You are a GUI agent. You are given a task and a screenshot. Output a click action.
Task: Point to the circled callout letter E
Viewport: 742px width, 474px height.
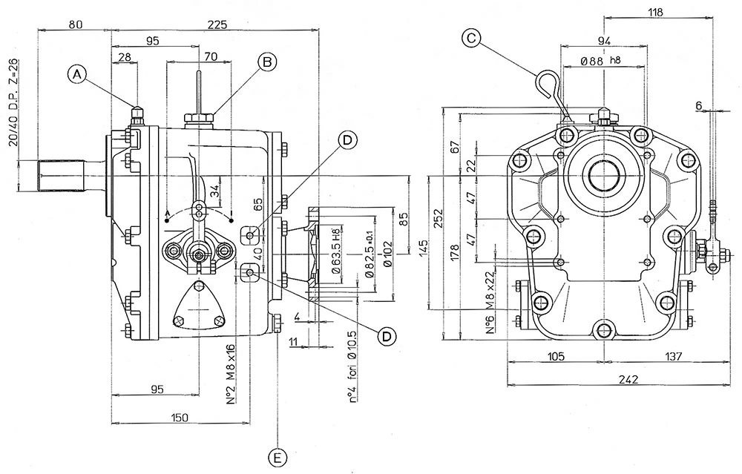[278, 458]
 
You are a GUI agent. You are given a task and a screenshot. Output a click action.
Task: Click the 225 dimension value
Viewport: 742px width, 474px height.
[217, 24]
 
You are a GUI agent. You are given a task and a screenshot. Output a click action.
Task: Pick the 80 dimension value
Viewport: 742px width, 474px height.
[75, 24]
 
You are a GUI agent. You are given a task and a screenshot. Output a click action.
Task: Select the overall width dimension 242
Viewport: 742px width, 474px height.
[628, 379]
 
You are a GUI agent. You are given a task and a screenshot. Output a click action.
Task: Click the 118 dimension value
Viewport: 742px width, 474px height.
[655, 11]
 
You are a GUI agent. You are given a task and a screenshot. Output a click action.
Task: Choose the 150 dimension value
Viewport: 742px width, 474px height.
[178, 418]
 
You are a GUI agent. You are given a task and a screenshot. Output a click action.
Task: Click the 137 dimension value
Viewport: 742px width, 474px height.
[674, 357]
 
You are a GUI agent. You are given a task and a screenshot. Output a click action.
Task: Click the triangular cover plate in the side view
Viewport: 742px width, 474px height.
[198, 306]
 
